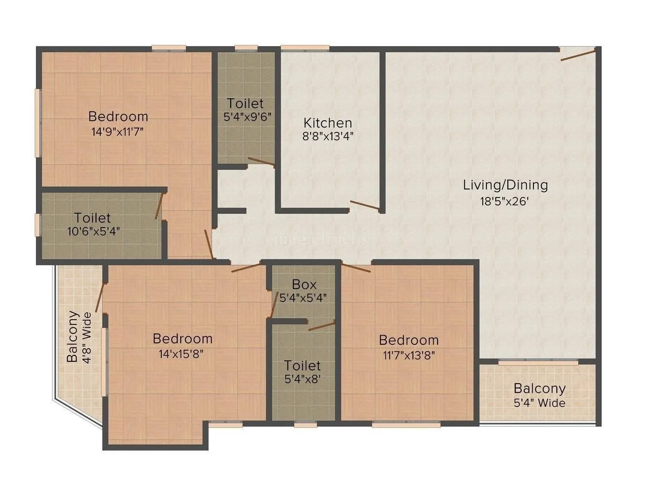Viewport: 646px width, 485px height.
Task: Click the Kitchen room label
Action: pos(328,122)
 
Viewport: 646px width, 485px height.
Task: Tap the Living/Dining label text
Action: pos(505,185)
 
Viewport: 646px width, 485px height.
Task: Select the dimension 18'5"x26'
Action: pos(505,201)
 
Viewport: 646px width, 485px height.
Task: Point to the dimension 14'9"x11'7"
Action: pos(118,131)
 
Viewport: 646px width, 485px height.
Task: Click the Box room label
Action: pos(304,284)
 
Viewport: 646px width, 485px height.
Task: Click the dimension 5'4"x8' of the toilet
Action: pos(302,380)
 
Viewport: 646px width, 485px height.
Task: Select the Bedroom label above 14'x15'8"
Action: pos(182,338)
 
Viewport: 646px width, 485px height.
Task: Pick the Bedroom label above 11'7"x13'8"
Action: pos(409,340)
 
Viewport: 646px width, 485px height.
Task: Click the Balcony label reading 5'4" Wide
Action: pos(539,403)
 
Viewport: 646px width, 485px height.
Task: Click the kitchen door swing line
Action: pos(364,205)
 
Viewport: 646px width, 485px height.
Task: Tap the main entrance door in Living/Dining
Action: pos(578,54)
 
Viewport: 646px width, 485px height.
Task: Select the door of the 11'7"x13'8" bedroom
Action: pos(357,267)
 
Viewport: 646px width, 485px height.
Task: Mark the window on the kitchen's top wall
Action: pos(305,48)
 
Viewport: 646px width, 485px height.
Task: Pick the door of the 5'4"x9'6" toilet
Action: pos(261,162)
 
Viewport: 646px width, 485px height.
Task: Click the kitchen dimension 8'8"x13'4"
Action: pos(328,136)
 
